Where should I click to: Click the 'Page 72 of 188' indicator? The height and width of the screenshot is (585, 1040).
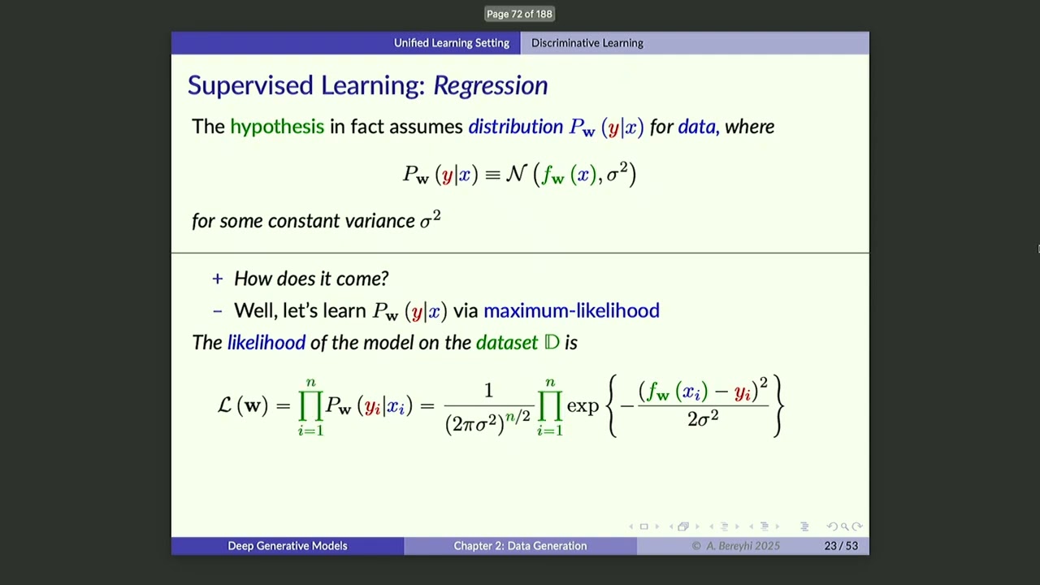pos(519,14)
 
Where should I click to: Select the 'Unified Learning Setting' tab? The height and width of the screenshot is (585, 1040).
pos(451,43)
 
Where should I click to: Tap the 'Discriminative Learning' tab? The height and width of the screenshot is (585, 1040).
pos(587,43)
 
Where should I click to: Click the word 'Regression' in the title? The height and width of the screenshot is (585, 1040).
pos(490,85)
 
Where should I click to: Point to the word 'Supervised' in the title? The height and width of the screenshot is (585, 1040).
pos(250,85)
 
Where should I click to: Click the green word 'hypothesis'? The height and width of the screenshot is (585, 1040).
pos(276,127)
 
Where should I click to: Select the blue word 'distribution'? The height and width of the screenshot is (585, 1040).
pos(515,127)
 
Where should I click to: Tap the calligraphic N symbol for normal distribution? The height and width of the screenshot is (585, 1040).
pos(516,174)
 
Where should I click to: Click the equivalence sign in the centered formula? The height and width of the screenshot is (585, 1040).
pos(492,175)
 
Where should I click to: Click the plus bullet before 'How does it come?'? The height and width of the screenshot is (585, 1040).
pos(217,279)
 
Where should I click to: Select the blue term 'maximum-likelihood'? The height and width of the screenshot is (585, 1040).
pos(571,310)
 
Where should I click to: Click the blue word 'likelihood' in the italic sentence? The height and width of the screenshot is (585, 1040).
pos(266,343)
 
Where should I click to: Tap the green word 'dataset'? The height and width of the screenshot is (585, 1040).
pos(506,343)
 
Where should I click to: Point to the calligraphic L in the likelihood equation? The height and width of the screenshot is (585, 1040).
pos(225,405)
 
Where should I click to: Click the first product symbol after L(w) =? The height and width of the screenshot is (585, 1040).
pos(310,405)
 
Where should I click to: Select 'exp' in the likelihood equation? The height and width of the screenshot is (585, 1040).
pos(583,405)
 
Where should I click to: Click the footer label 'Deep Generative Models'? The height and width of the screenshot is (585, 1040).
pos(287,546)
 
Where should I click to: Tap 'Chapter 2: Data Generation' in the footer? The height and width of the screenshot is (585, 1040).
pos(520,546)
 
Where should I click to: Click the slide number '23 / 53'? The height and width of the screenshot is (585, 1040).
pos(840,546)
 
